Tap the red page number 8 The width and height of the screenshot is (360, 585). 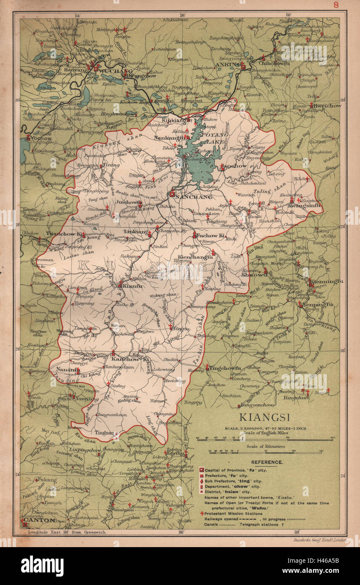(336, 5)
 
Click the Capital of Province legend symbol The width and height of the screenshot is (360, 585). (201, 469)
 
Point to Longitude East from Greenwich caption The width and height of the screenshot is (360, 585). (67, 532)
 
